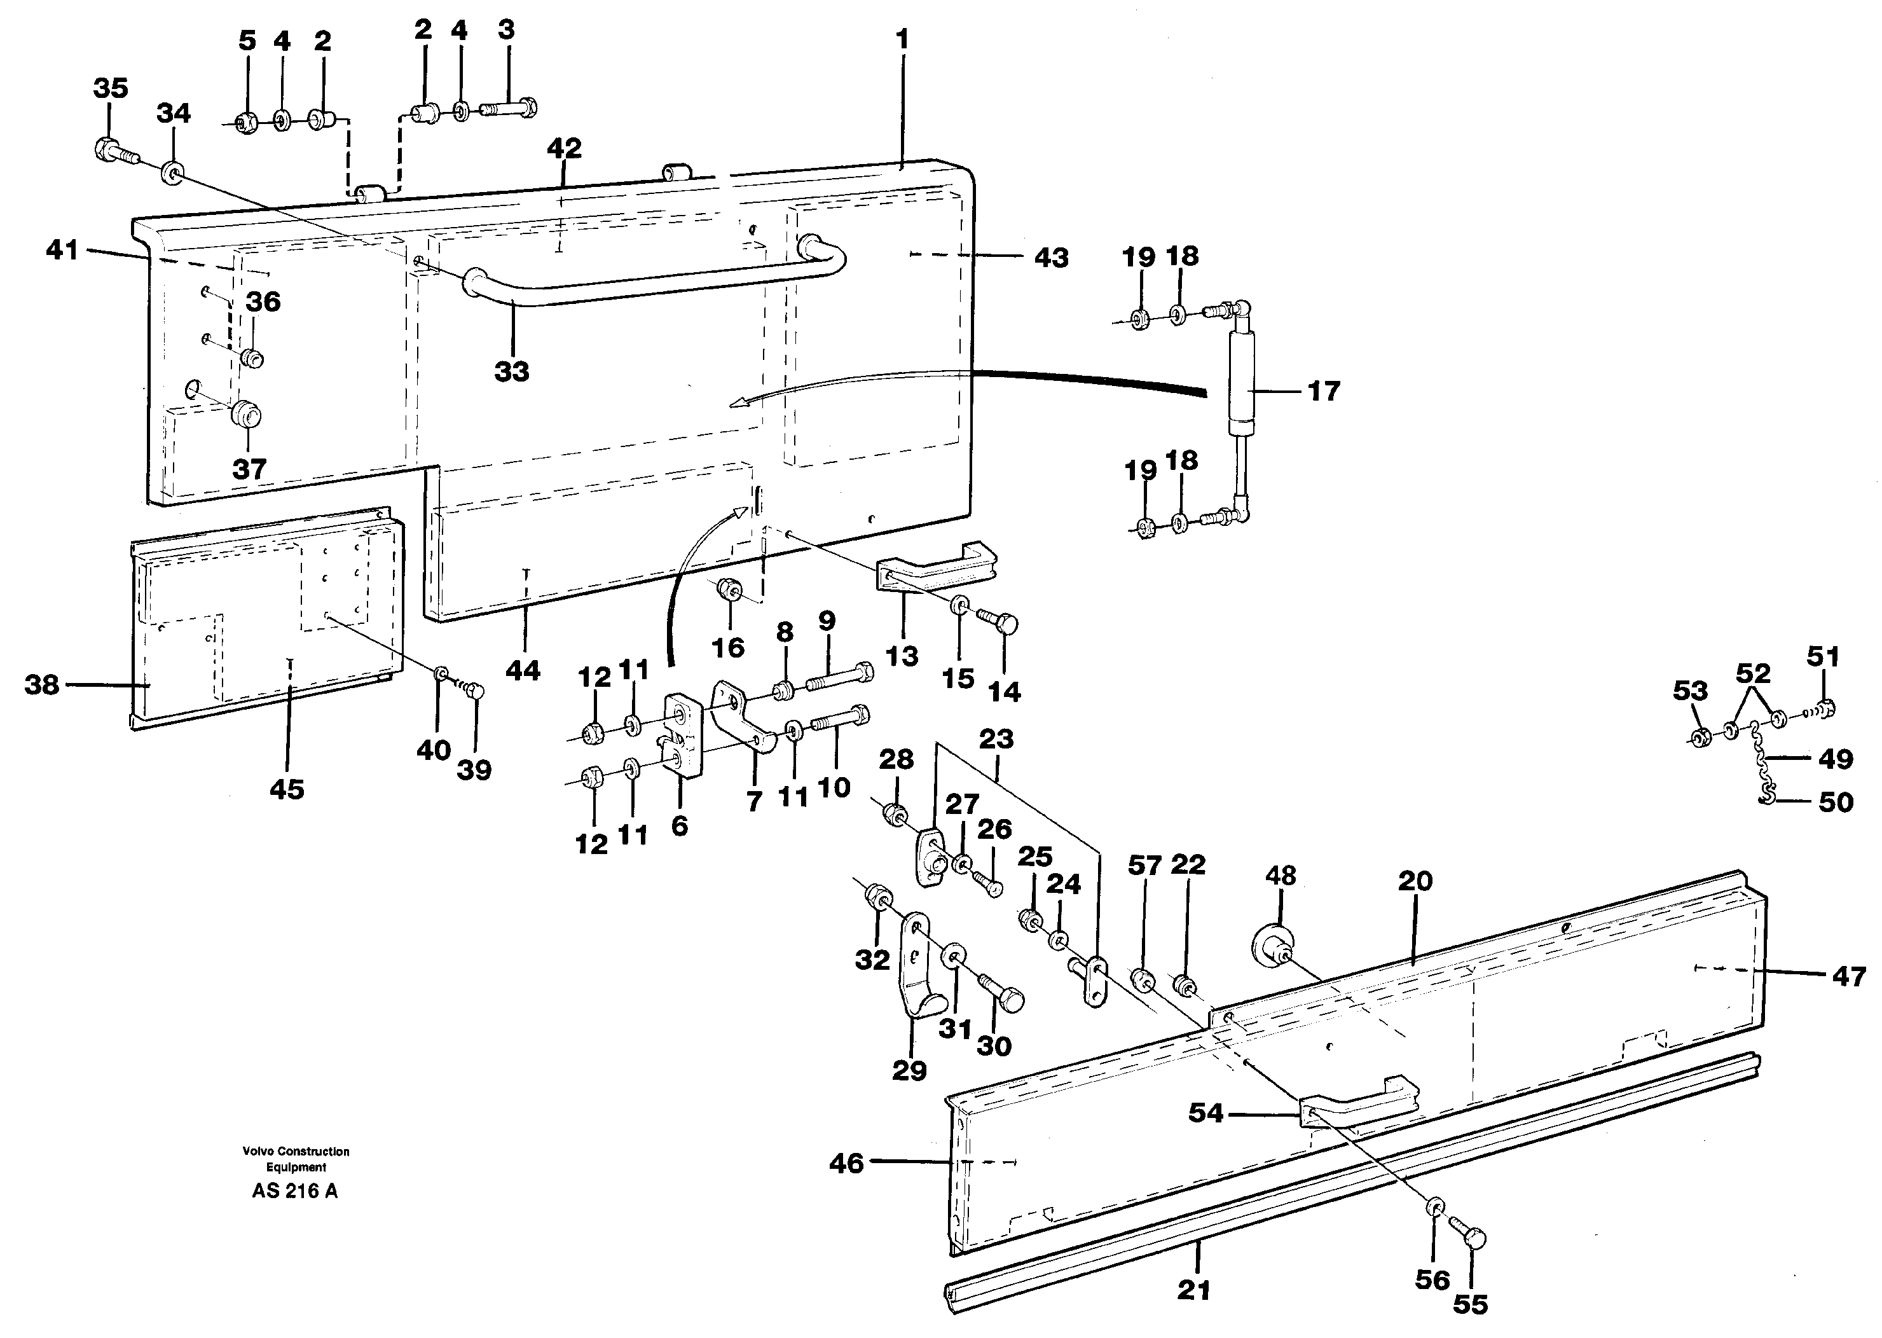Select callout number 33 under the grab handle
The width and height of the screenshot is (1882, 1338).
(x=511, y=371)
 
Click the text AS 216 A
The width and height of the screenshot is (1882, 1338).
(x=295, y=1191)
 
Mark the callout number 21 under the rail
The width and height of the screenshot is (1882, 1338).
(x=1193, y=1290)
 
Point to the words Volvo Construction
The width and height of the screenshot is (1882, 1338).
(x=296, y=1152)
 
